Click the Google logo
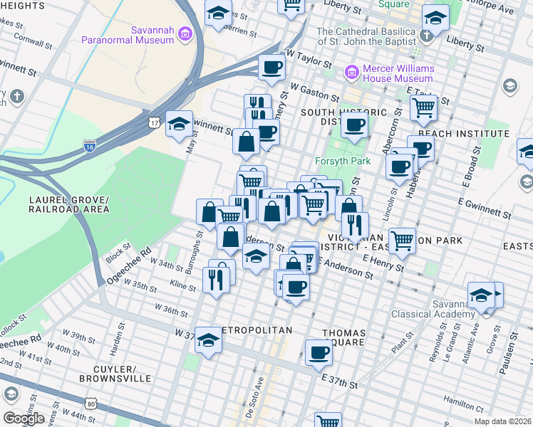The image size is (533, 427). pyautogui.click(x=24, y=418)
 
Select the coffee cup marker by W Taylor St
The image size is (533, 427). pyautogui.click(x=271, y=68)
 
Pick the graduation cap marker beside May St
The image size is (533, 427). pyautogui.click(x=179, y=124)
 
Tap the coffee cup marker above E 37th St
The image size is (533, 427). pyautogui.click(x=319, y=352)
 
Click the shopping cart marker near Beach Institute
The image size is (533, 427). pyautogui.click(x=423, y=107)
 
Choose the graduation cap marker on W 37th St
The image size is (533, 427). pyautogui.click(x=208, y=339)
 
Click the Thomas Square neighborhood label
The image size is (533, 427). pyautogui.click(x=344, y=339)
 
